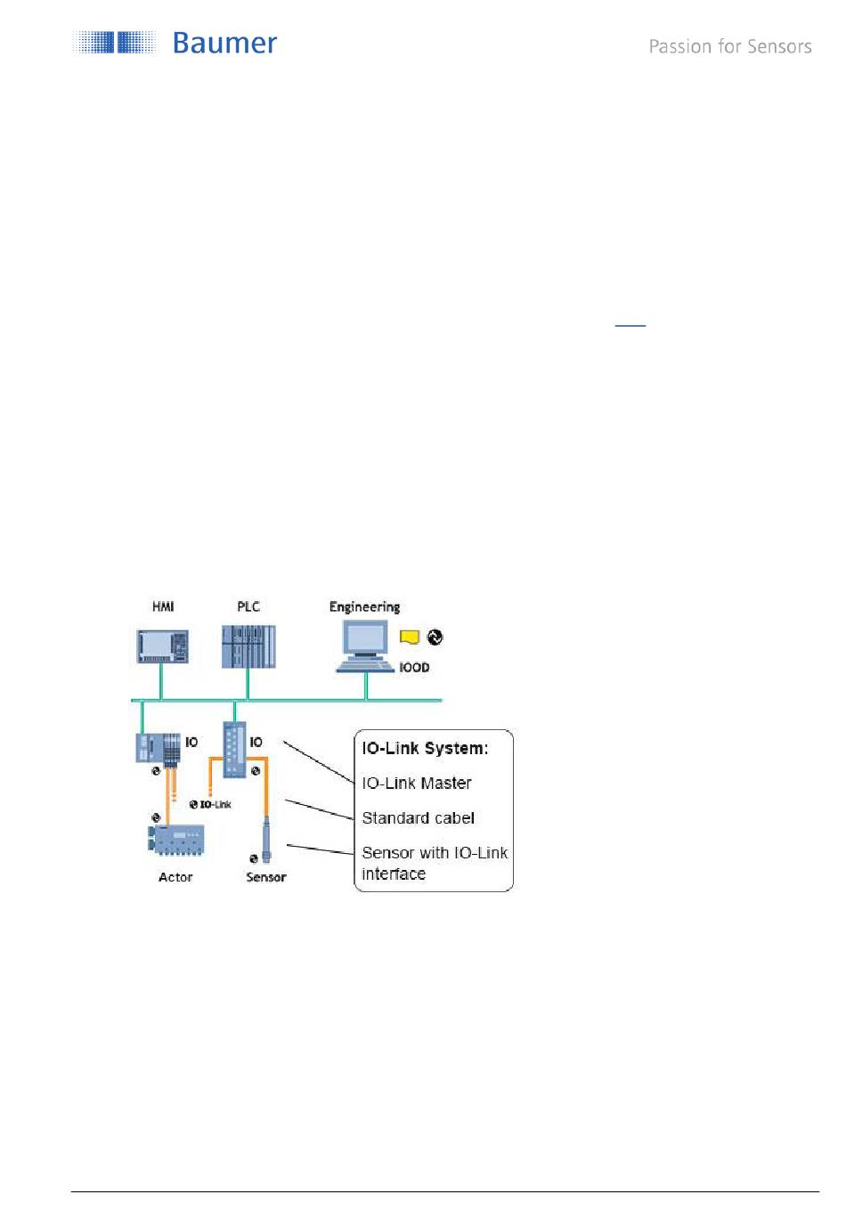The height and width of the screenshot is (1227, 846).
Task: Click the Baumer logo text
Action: pos(224,43)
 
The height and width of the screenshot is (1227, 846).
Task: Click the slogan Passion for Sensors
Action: pos(729,46)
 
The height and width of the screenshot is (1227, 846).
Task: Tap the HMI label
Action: pos(163,606)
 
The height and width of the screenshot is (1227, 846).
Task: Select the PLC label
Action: pos(248,606)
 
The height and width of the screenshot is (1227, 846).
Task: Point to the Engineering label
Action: pos(364,606)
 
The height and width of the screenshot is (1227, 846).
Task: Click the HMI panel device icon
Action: pos(163,646)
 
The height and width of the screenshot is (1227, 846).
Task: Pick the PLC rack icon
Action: pos(248,646)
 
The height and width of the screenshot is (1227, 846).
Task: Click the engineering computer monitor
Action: pos(365,638)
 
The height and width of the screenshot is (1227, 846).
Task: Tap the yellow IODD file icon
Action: pos(410,638)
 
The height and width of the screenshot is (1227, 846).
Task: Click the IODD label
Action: pos(414,667)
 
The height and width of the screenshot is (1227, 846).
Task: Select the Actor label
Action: pos(175,877)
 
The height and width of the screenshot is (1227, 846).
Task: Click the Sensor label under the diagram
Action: pos(266,877)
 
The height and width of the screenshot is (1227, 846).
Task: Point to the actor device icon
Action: pos(176,840)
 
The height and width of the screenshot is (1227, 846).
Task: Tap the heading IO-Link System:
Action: pos(425,748)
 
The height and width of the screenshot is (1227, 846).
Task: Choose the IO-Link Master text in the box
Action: pos(416,783)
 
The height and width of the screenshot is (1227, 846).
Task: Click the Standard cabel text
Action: pos(418,817)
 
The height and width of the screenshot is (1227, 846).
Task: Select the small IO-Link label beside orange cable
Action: pos(215,804)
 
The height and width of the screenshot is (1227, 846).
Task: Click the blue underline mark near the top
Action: pos(630,325)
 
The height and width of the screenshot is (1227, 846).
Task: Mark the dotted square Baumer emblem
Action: pos(116,43)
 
